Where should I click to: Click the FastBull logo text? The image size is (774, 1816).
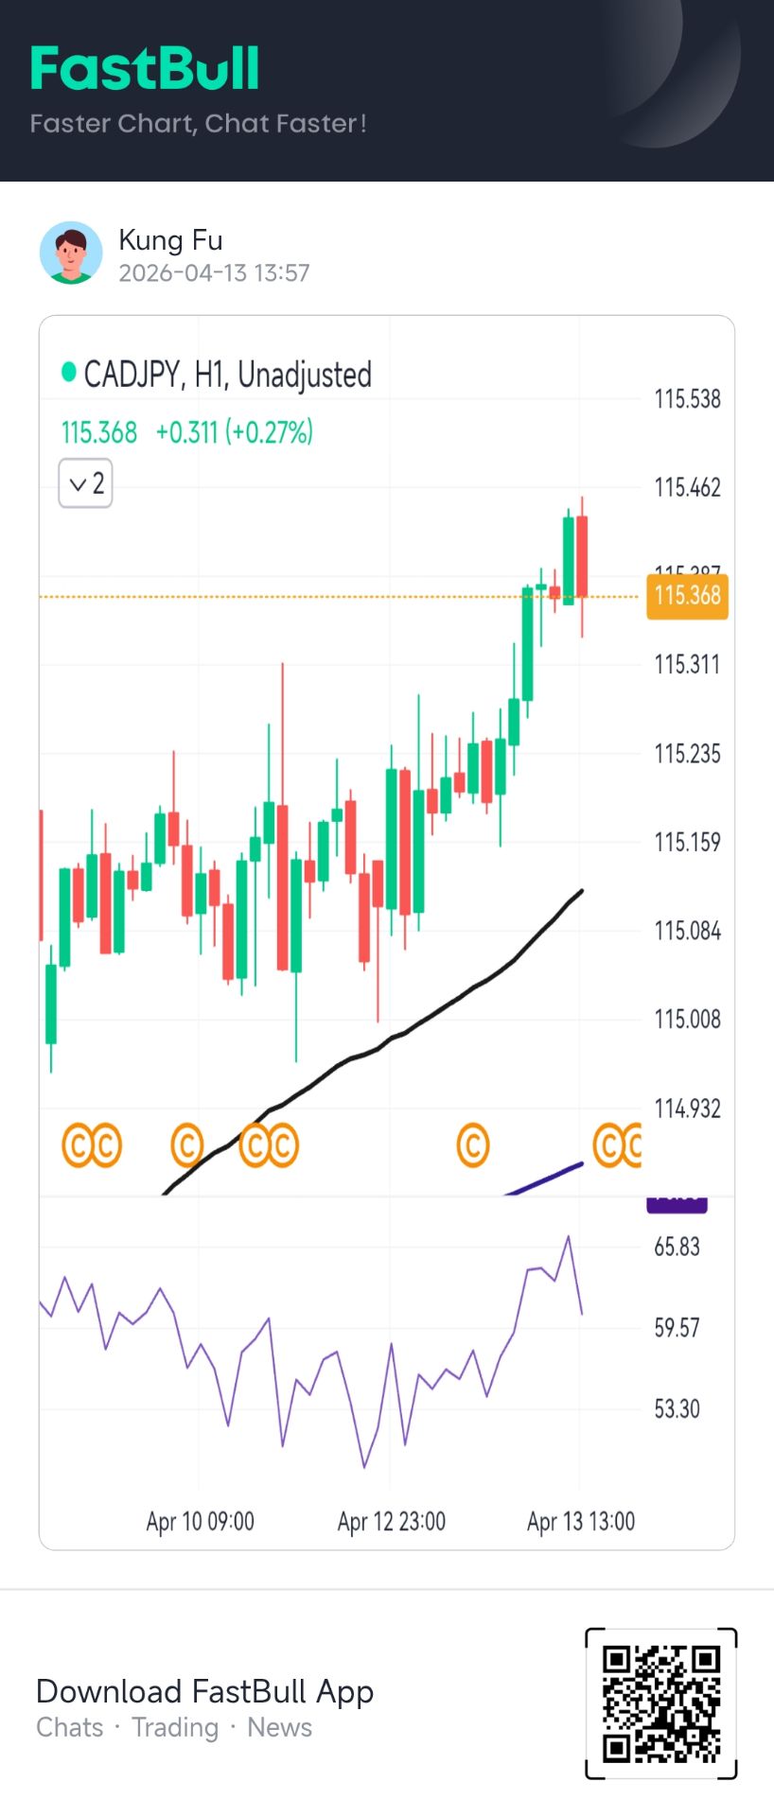pos(144,69)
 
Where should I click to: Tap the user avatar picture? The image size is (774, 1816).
pos(71,253)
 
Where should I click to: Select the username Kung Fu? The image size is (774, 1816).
pos(170,240)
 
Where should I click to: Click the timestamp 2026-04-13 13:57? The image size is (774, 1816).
pos(214,273)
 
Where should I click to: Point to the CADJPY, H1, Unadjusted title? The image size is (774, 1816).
pos(227,375)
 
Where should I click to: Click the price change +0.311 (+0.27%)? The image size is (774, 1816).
pos(234,432)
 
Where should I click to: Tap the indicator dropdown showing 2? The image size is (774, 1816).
pos(85,483)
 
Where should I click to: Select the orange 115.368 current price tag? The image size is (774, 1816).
pos(687,596)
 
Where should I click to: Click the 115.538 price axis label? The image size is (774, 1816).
pos(687,399)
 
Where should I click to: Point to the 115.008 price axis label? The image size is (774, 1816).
pos(687,1020)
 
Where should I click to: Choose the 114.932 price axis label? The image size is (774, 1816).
pos(687,1109)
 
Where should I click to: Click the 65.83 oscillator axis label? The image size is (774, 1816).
pos(677,1247)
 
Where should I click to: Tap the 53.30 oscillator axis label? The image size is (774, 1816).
pos(677,1409)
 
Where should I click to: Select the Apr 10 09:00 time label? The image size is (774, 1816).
pos(200,1522)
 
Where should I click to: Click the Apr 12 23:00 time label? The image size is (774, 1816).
pos(391,1522)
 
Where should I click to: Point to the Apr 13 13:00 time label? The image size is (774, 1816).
pos(580,1522)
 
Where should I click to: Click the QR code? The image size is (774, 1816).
pos(661,1703)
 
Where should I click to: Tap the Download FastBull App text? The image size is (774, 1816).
pos(204,1691)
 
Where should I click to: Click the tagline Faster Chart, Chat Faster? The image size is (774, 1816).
pos(198,124)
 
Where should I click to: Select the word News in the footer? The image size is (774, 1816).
pos(279,1728)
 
